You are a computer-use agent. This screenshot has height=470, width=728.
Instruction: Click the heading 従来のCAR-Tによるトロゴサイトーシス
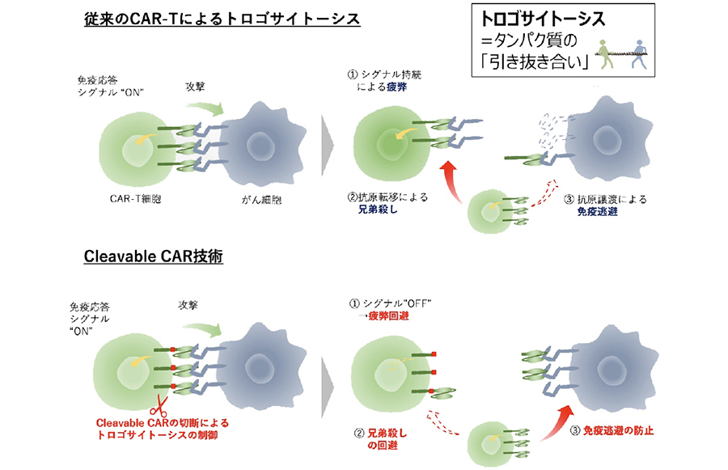coord(222,19)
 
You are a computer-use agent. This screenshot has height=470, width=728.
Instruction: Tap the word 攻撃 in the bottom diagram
coord(190,307)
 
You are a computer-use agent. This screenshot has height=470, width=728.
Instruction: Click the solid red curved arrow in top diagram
coord(448,178)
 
